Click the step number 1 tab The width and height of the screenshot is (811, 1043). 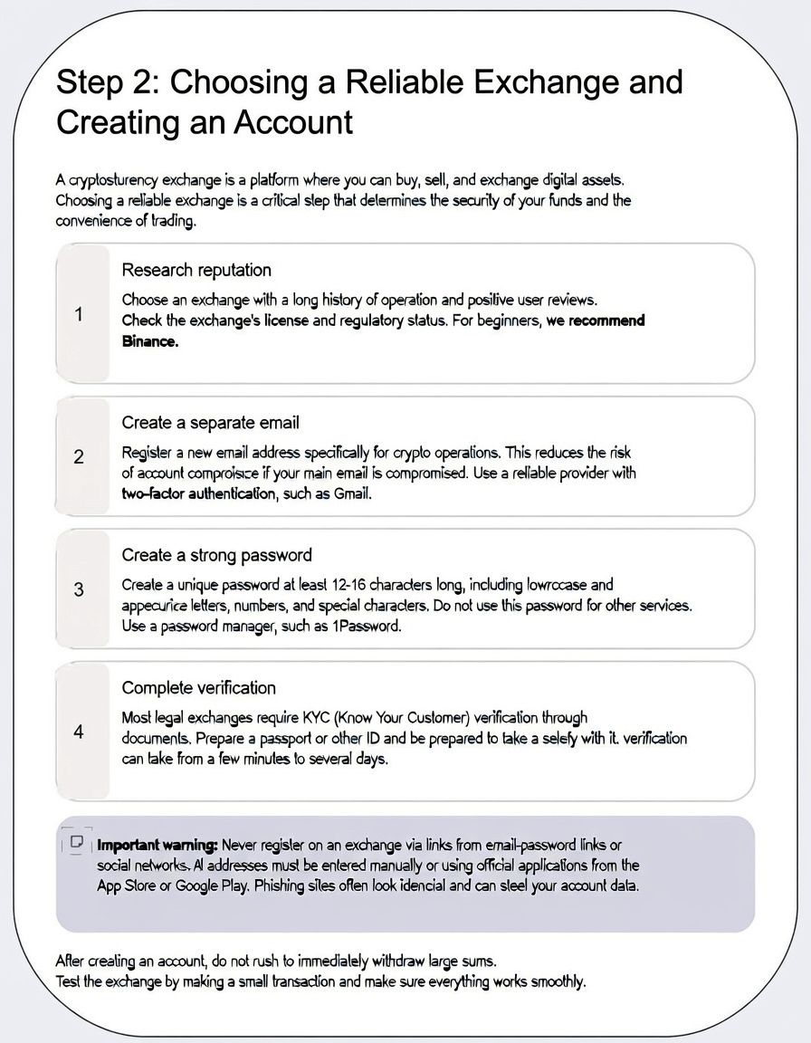click(80, 314)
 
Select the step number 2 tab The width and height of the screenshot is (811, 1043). click(80, 457)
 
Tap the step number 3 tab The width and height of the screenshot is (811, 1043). click(80, 589)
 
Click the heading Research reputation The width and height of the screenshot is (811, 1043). click(196, 270)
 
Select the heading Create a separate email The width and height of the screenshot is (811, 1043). click(210, 423)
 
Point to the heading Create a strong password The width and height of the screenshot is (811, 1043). click(216, 555)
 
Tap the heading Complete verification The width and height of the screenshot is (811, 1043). click(198, 687)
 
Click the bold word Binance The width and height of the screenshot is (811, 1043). click(150, 342)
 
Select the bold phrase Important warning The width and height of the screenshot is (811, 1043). click(157, 845)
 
